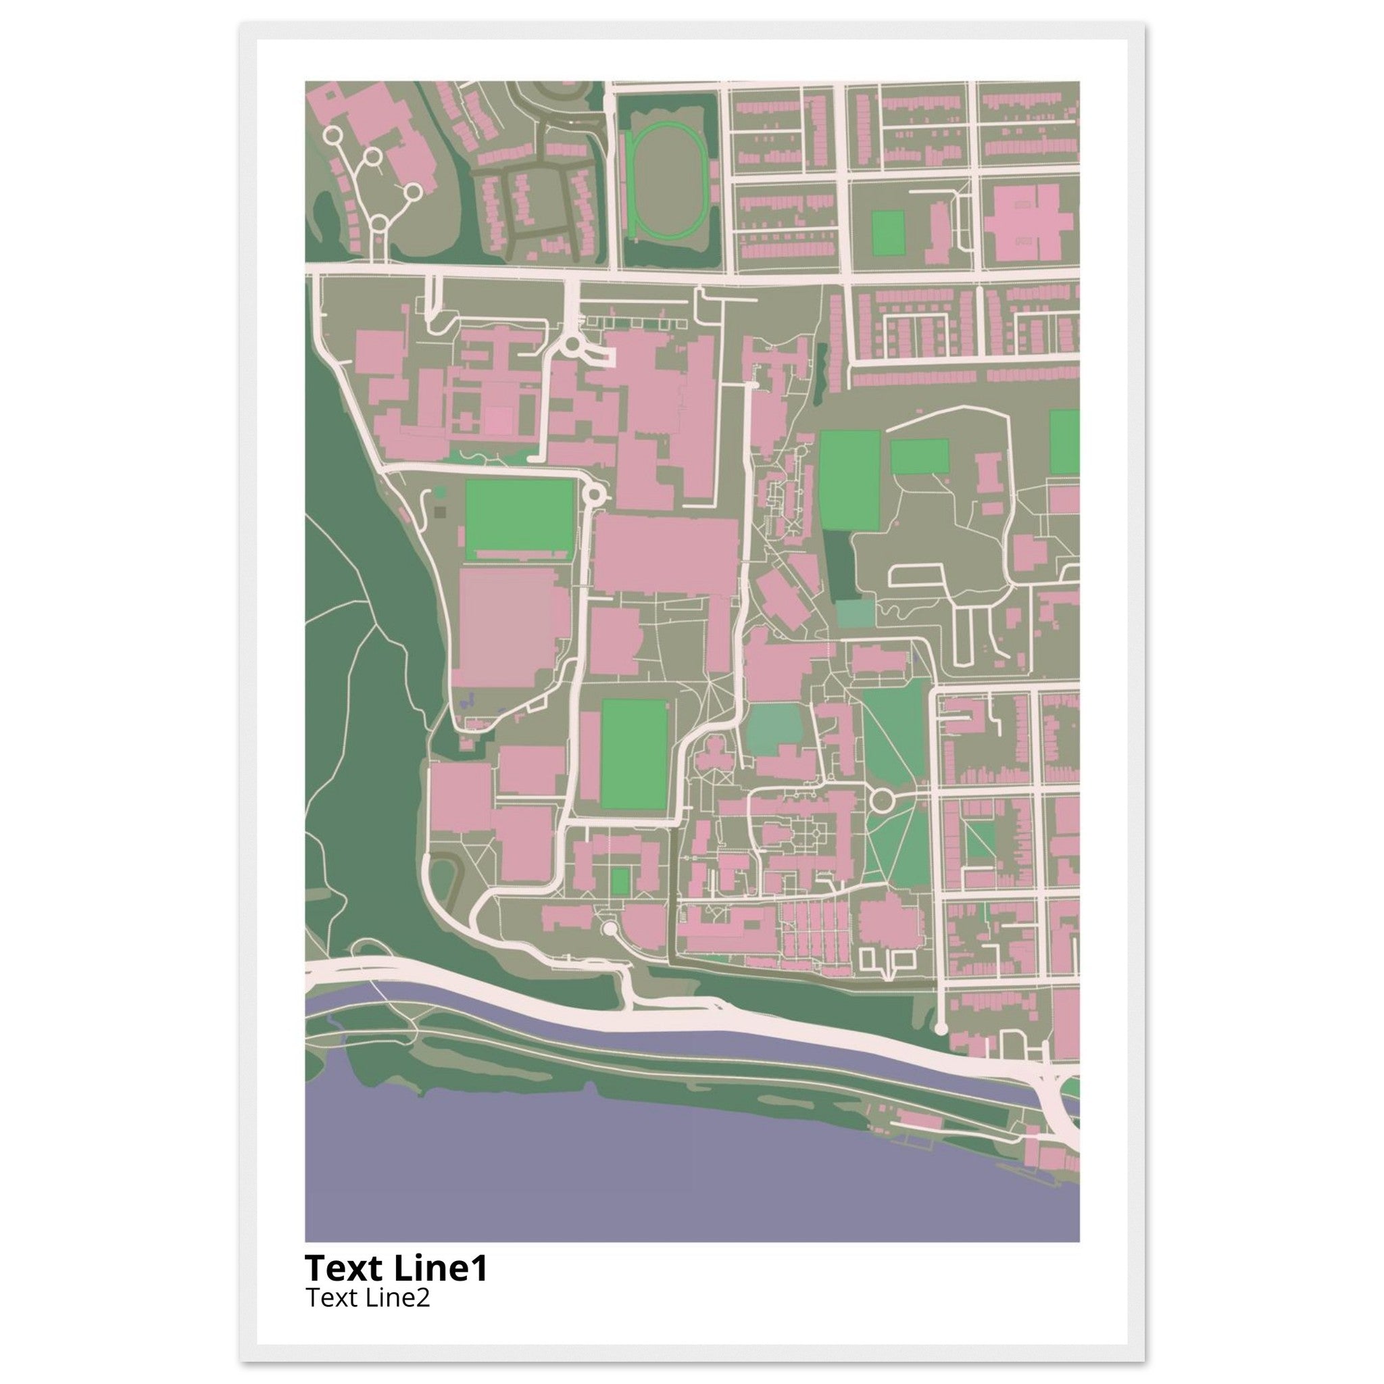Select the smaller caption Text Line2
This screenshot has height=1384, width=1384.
point(368,1297)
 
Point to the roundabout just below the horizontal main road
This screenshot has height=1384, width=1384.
point(572,346)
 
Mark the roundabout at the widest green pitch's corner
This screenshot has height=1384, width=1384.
point(594,493)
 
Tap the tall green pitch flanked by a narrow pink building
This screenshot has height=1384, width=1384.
point(634,753)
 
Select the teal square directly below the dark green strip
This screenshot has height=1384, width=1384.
point(856,613)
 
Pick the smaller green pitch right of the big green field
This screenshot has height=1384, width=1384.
point(919,456)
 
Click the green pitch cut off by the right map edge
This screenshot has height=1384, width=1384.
point(1065,441)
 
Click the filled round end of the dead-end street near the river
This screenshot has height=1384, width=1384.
point(941,1028)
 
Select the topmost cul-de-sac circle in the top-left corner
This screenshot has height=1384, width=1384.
point(332,134)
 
